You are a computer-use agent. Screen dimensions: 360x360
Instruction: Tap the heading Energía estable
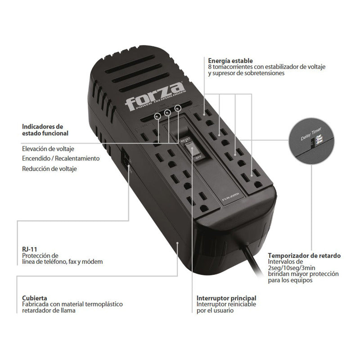point(230,60)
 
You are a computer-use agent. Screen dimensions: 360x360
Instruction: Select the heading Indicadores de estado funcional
point(45,130)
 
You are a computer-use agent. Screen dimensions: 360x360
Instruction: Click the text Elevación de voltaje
point(48,148)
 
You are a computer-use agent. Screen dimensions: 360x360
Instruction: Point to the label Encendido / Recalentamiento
point(61,158)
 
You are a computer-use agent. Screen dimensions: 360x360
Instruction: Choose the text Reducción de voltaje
point(49,169)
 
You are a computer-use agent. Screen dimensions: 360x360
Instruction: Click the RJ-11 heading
point(30,249)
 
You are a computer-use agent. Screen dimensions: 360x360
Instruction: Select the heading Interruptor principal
point(226,298)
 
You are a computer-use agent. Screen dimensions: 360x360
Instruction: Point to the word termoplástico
point(103,304)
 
